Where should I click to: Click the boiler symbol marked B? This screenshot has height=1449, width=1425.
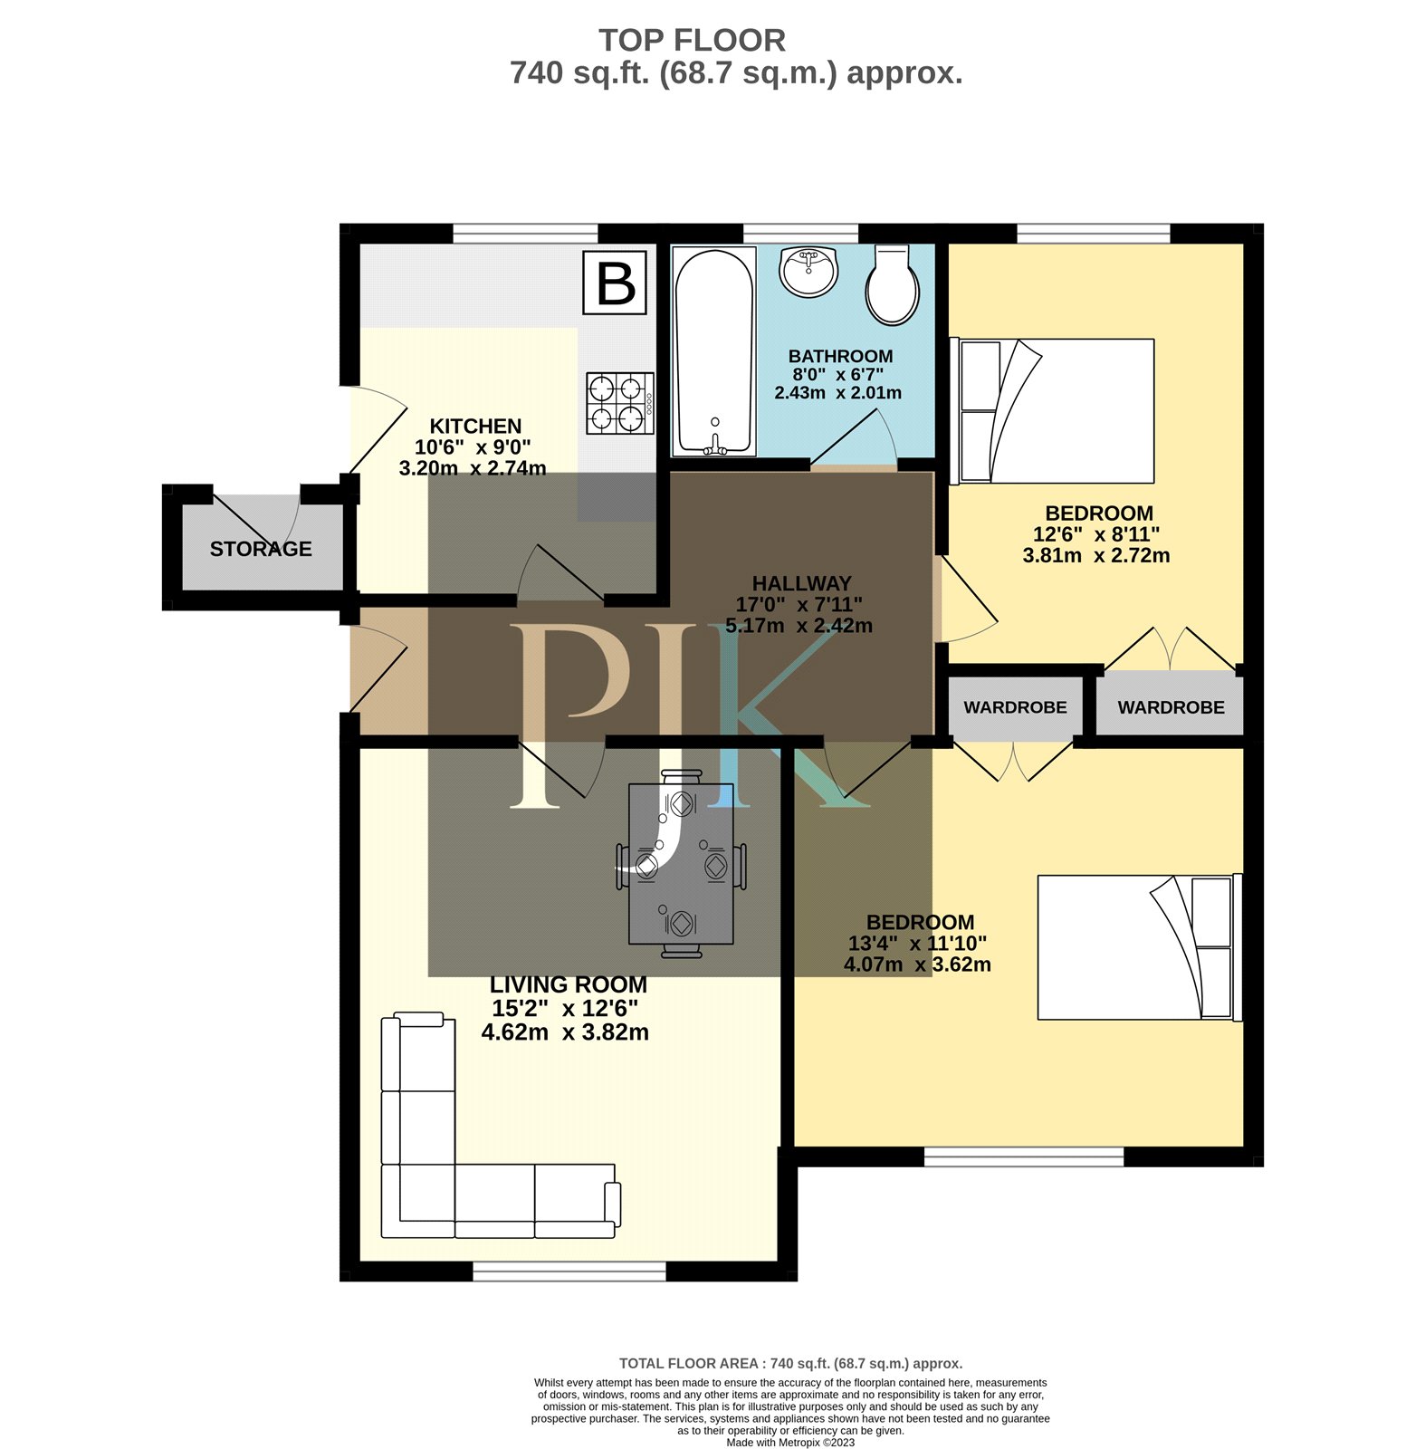click(616, 283)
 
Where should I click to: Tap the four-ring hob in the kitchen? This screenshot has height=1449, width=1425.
click(620, 403)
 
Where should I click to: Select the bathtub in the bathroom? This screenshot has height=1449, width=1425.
click(713, 351)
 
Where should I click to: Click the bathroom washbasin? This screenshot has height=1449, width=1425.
click(809, 271)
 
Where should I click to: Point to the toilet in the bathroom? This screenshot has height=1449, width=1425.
click(893, 284)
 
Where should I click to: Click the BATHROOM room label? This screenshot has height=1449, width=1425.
click(840, 356)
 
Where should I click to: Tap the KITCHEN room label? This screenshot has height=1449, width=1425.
click(475, 426)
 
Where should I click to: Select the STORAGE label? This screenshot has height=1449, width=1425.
click(261, 549)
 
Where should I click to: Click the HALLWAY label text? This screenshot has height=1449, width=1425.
click(802, 583)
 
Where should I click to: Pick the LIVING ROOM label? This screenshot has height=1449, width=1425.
click(569, 984)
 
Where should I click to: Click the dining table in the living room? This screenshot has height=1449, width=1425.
click(681, 862)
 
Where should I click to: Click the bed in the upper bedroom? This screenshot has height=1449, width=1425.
click(1051, 410)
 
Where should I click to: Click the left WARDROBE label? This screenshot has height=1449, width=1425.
click(1015, 707)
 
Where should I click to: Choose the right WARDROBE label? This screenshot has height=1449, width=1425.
click(1171, 707)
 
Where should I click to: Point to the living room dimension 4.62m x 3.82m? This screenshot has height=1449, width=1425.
click(565, 1032)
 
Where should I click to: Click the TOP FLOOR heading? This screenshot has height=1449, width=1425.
click(693, 41)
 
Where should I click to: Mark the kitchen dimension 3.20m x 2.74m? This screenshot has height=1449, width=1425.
click(473, 468)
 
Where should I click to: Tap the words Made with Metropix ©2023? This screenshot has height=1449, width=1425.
click(790, 1443)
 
